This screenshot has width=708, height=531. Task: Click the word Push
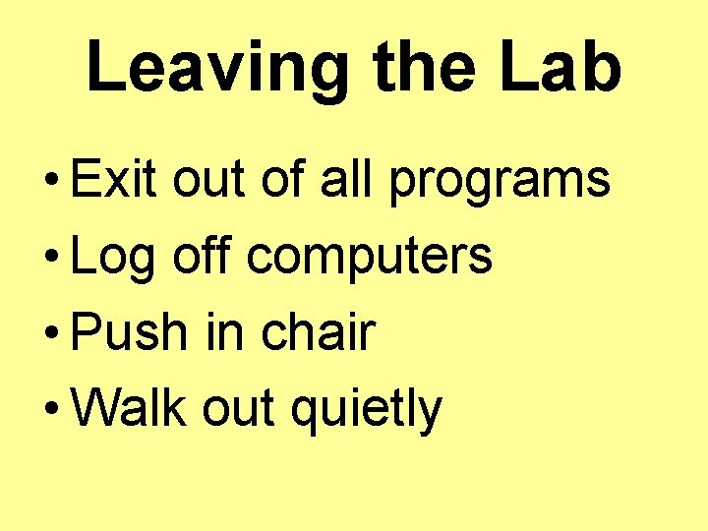click(129, 333)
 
